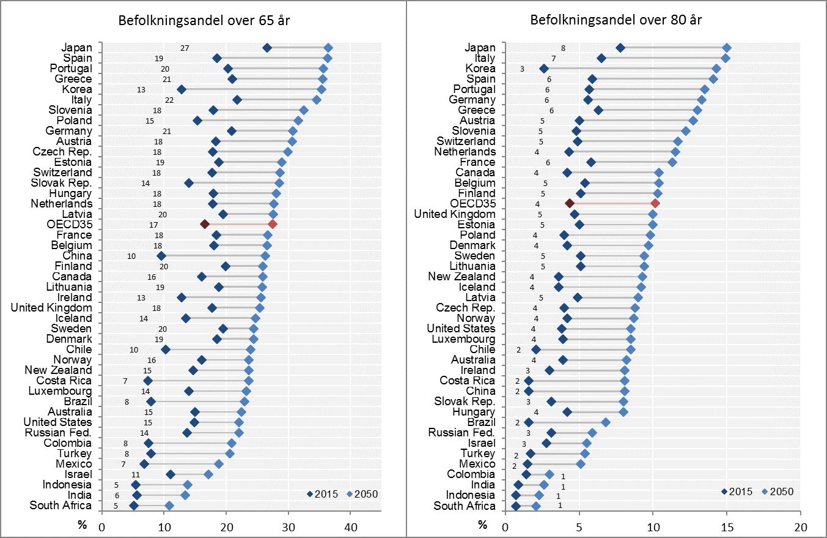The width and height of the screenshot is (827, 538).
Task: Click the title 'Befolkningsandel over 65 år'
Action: [204, 20]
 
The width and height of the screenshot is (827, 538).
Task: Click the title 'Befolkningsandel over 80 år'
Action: [616, 20]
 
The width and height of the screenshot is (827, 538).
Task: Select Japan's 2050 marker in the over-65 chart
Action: [328, 48]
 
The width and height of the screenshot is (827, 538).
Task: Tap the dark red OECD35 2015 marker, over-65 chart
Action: [205, 225]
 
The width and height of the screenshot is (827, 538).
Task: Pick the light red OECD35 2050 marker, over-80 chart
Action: [655, 203]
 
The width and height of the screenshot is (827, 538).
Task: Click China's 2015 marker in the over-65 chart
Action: [161, 256]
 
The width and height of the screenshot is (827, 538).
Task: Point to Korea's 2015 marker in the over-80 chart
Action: [544, 69]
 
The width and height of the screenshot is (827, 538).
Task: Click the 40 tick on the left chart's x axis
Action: [350, 526]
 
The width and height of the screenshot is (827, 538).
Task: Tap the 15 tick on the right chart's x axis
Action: [727, 526]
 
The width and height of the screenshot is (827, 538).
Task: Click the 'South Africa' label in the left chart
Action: [61, 506]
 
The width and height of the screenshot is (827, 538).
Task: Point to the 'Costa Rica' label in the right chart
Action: [468, 381]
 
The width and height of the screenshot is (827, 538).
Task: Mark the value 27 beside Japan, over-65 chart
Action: [185, 48]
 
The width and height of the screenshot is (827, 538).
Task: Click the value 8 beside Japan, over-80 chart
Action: [563, 48]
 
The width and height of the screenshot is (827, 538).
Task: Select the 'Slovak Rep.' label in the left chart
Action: [62, 183]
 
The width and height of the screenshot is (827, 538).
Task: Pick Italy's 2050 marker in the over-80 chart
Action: [726, 58]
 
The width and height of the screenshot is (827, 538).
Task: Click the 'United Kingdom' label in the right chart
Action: [455, 214]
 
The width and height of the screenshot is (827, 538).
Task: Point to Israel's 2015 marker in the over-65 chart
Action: [171, 474]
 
